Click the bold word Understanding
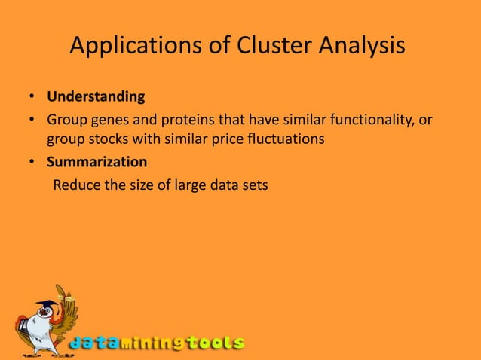[96, 97]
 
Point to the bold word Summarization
[97, 161]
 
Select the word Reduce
[76, 183]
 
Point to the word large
[185, 183]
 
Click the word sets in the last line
[254, 183]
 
